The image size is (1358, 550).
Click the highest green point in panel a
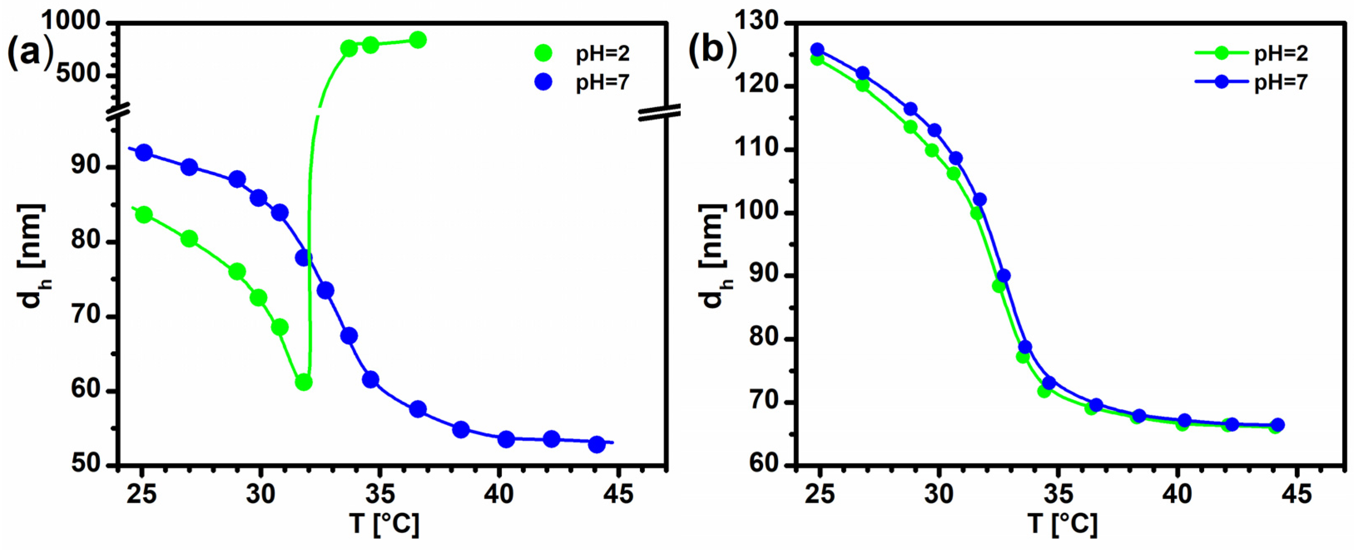(x=417, y=40)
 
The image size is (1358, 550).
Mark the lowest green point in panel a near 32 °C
(x=304, y=382)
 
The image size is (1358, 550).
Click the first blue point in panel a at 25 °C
(x=144, y=153)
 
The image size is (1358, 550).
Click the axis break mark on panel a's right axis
(x=659, y=112)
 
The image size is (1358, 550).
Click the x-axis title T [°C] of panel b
(x=1062, y=525)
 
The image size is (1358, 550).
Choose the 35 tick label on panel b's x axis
(x=1058, y=494)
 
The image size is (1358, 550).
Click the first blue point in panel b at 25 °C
(x=817, y=50)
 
